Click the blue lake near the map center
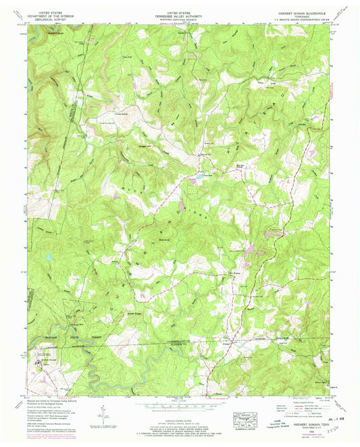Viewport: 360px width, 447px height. (x=201, y=177)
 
